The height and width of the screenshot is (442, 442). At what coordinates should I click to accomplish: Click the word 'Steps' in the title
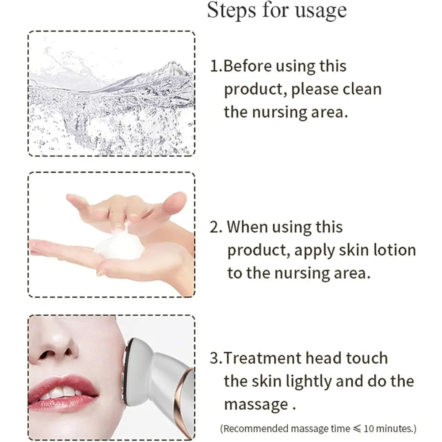click(230, 11)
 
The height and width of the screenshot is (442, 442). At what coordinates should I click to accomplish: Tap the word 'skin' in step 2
click(349, 250)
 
